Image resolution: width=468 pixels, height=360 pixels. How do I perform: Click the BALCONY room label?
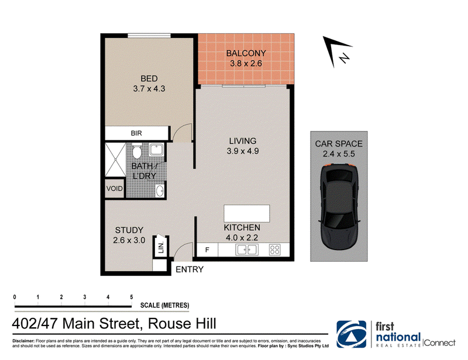(x=246, y=53)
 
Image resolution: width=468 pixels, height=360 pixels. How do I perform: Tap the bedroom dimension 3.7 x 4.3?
(x=149, y=89)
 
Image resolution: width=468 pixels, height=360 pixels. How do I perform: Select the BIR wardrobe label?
(x=136, y=133)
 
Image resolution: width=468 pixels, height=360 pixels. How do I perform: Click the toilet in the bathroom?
(x=137, y=151)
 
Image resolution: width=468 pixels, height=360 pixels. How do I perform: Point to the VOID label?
(x=114, y=189)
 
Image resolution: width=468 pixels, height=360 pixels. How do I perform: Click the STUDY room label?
(x=129, y=230)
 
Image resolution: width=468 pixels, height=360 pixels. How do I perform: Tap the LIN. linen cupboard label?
(x=161, y=248)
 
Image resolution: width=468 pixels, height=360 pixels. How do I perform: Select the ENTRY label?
(x=190, y=269)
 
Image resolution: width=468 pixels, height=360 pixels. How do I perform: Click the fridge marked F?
(x=207, y=250)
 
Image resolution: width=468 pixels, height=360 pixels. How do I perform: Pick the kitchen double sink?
(x=247, y=250)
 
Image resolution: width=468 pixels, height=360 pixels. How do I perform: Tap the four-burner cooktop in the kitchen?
(x=274, y=250)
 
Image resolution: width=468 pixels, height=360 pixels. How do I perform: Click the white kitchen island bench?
(x=247, y=213)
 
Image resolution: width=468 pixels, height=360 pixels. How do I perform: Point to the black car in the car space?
(x=339, y=207)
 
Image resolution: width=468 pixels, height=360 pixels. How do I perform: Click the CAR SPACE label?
(x=339, y=144)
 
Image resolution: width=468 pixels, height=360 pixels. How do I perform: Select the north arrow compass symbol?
(x=338, y=51)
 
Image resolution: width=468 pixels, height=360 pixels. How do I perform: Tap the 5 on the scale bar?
(x=131, y=297)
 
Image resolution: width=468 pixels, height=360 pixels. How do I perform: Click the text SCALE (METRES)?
(x=165, y=306)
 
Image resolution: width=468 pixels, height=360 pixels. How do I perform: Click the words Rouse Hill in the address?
(x=182, y=324)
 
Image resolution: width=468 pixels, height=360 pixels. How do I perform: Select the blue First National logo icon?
(x=352, y=334)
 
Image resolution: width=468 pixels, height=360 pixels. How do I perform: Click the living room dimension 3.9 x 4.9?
(x=243, y=151)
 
